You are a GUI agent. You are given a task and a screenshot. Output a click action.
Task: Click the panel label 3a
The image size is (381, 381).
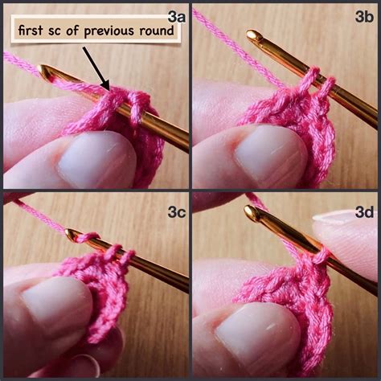coord(176,15)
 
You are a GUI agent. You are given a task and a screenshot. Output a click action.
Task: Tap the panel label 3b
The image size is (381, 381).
coord(364,17)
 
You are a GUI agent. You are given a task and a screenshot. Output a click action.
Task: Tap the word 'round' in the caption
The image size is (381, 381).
coord(157,32)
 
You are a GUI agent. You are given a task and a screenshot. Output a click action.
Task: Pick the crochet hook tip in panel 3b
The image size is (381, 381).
coord(255,37)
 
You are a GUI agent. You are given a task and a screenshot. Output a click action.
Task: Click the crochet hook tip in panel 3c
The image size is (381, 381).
coord(72,235)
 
